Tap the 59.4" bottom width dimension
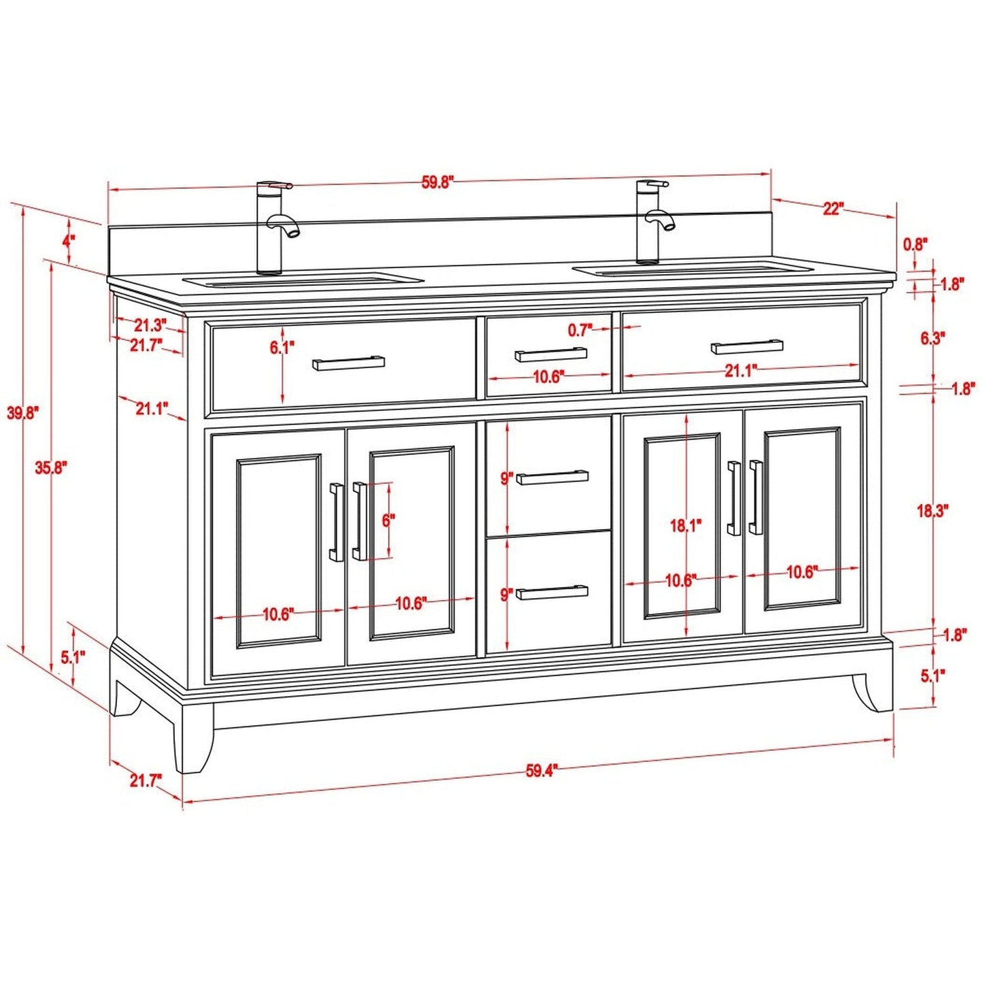coord(541,771)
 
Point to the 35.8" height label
coord(51,467)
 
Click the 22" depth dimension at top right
coord(833,208)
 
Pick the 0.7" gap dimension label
coord(580,331)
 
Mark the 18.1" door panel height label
coord(685,525)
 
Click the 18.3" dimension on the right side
coord(931,511)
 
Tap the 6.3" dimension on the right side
coord(933,338)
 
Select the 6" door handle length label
coord(388,521)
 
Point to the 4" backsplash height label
coord(69,241)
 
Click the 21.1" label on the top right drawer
coord(740,371)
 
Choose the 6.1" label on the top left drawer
coord(282,348)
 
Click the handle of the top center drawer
coord(550,354)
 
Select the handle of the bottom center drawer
coord(552,593)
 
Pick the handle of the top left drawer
coord(348,363)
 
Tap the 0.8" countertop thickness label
coord(916,244)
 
